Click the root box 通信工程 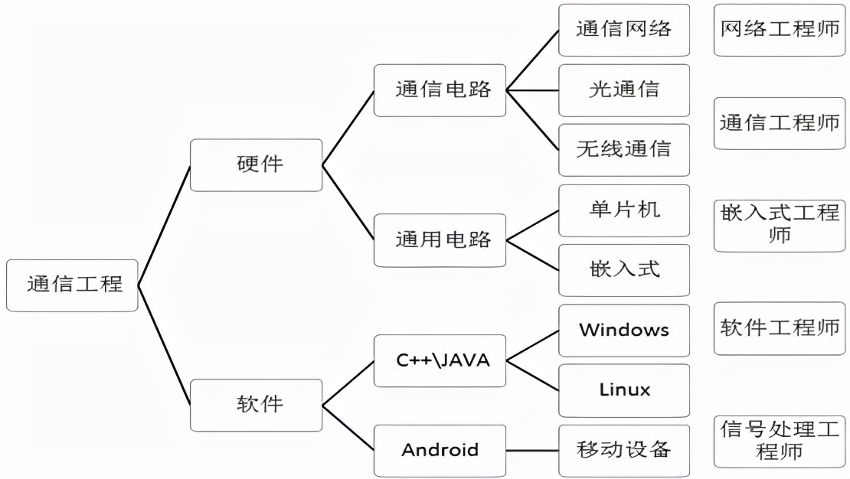72,285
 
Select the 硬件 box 256,165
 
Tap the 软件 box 256,405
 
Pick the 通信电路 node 440,90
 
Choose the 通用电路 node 440,240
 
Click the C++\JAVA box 440,360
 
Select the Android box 440,450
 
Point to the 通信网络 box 623,30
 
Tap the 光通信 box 623,90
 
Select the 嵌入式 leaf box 623,270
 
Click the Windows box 623,330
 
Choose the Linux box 623,390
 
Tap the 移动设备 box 623,450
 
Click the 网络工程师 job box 780,30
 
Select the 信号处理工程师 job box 780,442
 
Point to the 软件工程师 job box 780,328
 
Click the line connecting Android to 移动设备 532,450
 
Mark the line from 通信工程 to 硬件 164,226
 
